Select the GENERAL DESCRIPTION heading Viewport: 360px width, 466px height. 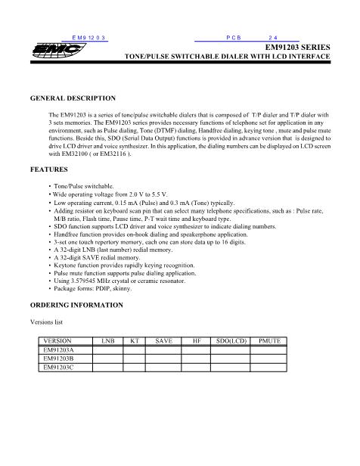click(x=73, y=98)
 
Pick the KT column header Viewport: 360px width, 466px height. click(x=135, y=341)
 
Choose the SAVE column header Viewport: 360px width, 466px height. click(x=163, y=341)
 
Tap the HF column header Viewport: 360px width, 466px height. click(x=197, y=341)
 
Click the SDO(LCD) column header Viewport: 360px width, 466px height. click(x=231, y=341)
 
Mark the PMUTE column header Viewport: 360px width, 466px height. click(x=270, y=341)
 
